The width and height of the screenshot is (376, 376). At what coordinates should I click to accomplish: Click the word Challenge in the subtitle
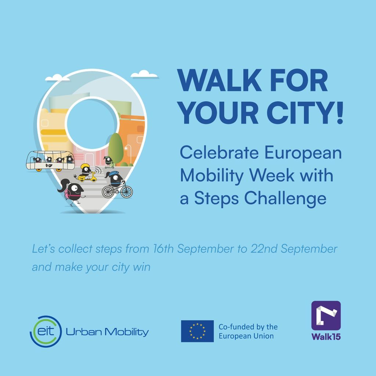pyautogui.click(x=285, y=199)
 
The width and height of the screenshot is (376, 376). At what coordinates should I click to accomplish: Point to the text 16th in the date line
pyautogui.click(x=163, y=249)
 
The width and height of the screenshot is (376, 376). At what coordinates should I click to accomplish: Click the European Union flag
pyautogui.click(x=197, y=331)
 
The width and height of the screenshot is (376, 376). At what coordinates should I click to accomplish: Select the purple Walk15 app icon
pyautogui.click(x=326, y=315)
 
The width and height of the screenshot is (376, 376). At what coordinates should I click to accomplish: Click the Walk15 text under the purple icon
pyautogui.click(x=326, y=336)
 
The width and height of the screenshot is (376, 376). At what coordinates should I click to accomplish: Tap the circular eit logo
pyautogui.click(x=46, y=332)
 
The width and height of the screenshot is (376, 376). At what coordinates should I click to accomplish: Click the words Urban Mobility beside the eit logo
pyautogui.click(x=107, y=332)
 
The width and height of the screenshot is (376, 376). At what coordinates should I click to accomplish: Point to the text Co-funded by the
pyautogui.click(x=248, y=327)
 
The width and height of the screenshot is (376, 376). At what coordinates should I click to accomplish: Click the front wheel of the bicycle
pyautogui.click(x=126, y=192)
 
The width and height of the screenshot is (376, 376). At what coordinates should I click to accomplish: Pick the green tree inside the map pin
pyautogui.click(x=116, y=149)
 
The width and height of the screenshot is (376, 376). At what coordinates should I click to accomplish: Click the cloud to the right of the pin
pyautogui.click(x=144, y=74)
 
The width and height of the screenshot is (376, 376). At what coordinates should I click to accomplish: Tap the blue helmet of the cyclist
pyautogui.click(x=114, y=173)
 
